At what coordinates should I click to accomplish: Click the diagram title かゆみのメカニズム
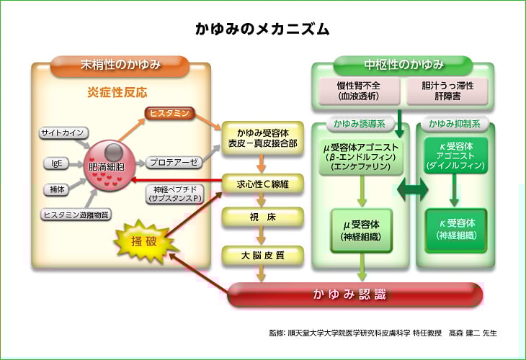pos(262,30)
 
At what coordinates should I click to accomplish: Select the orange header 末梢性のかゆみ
pos(120,66)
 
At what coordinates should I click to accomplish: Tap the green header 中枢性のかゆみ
pos(403,66)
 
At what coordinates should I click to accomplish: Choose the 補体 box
pos(55,189)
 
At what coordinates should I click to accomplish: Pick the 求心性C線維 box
pos(263,184)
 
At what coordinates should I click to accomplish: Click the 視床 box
pos(263,217)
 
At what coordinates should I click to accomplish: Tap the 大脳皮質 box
pos(263,254)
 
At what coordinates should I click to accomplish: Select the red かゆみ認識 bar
pos(355,294)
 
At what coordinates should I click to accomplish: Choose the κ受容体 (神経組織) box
pos(455,230)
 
